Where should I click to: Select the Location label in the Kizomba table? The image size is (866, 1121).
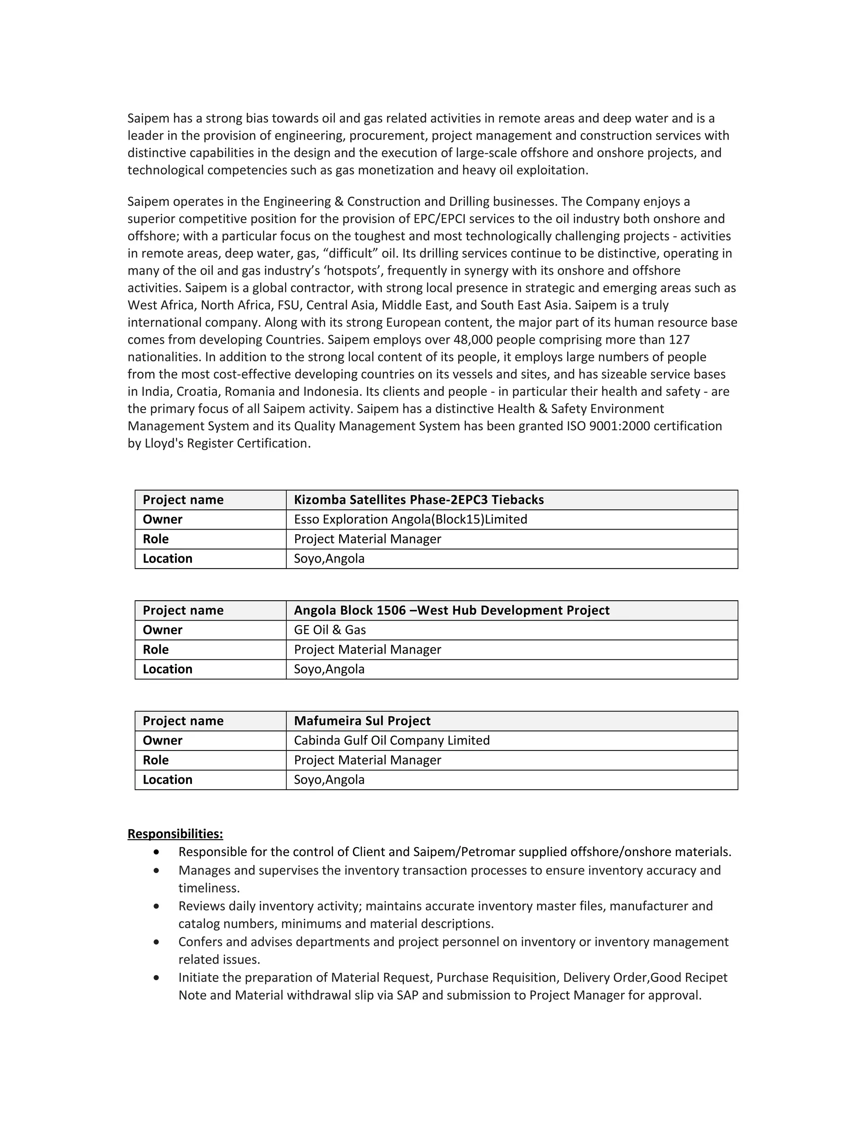click(167, 558)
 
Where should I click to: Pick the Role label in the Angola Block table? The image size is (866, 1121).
click(156, 649)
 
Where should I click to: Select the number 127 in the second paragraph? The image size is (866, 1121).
click(679, 340)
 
